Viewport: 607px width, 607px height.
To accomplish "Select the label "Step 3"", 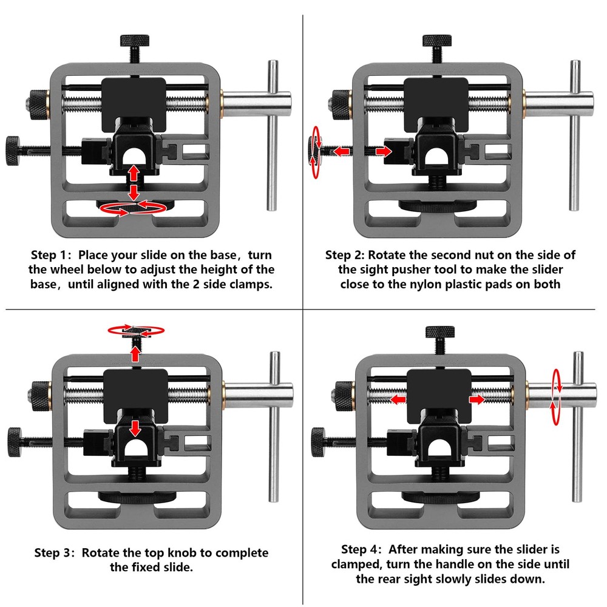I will point(55,553).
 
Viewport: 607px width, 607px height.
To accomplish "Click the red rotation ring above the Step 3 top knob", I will point(136,331).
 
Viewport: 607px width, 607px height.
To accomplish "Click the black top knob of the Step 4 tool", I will point(440,333).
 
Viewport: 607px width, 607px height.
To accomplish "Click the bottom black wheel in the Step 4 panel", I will point(439,498).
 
